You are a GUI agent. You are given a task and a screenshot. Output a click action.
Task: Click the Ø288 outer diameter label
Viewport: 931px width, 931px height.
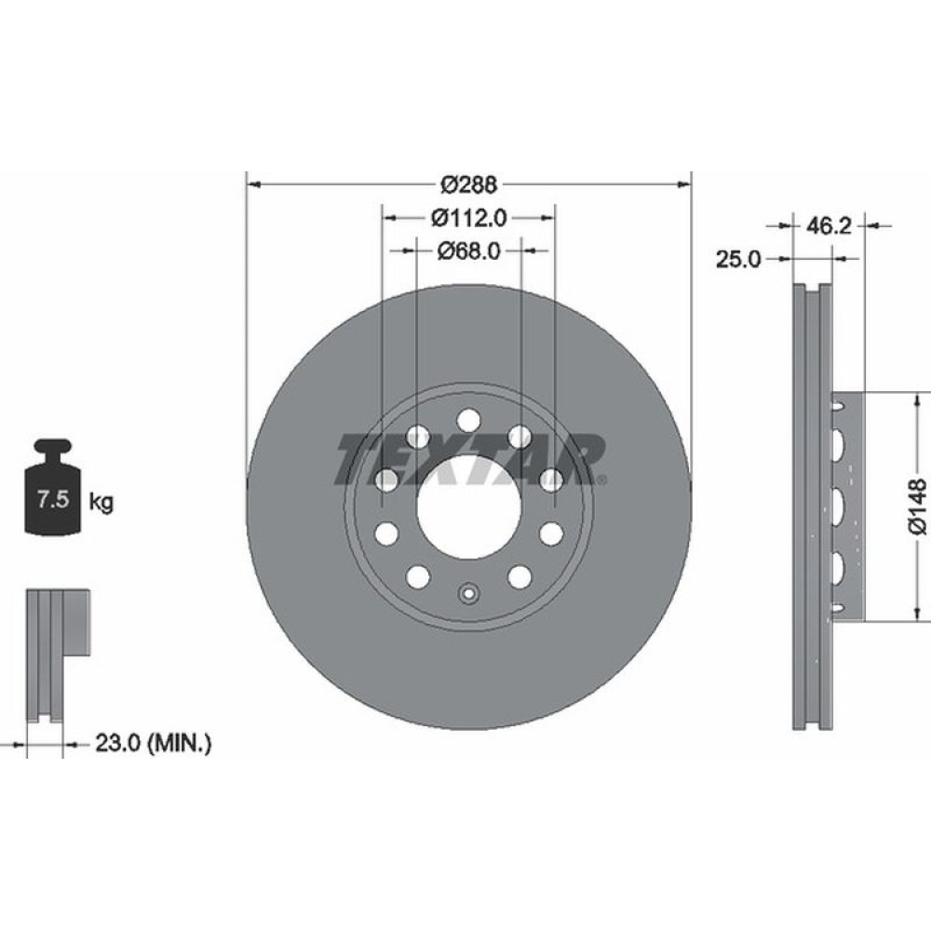tap(469, 182)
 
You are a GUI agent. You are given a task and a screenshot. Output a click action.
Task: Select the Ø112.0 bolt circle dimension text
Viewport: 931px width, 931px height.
tap(469, 218)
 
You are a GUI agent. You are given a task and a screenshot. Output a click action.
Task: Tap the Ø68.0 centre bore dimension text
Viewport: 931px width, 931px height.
tap(469, 250)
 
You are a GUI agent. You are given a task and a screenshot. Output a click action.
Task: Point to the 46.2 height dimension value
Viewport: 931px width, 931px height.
tap(829, 225)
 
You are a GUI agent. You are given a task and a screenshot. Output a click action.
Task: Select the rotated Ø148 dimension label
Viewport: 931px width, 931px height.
tap(919, 506)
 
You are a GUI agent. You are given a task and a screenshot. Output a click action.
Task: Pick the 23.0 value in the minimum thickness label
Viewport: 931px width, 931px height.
tap(117, 744)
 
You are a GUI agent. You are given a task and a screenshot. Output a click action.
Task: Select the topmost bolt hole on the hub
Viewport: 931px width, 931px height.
tap(469, 418)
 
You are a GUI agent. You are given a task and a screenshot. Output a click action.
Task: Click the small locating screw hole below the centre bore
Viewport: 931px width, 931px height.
tap(469, 591)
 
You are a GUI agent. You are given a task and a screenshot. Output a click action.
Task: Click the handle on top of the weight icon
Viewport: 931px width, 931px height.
tap(52, 449)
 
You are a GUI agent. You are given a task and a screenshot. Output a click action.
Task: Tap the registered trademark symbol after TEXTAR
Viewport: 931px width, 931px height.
tap(600, 480)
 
